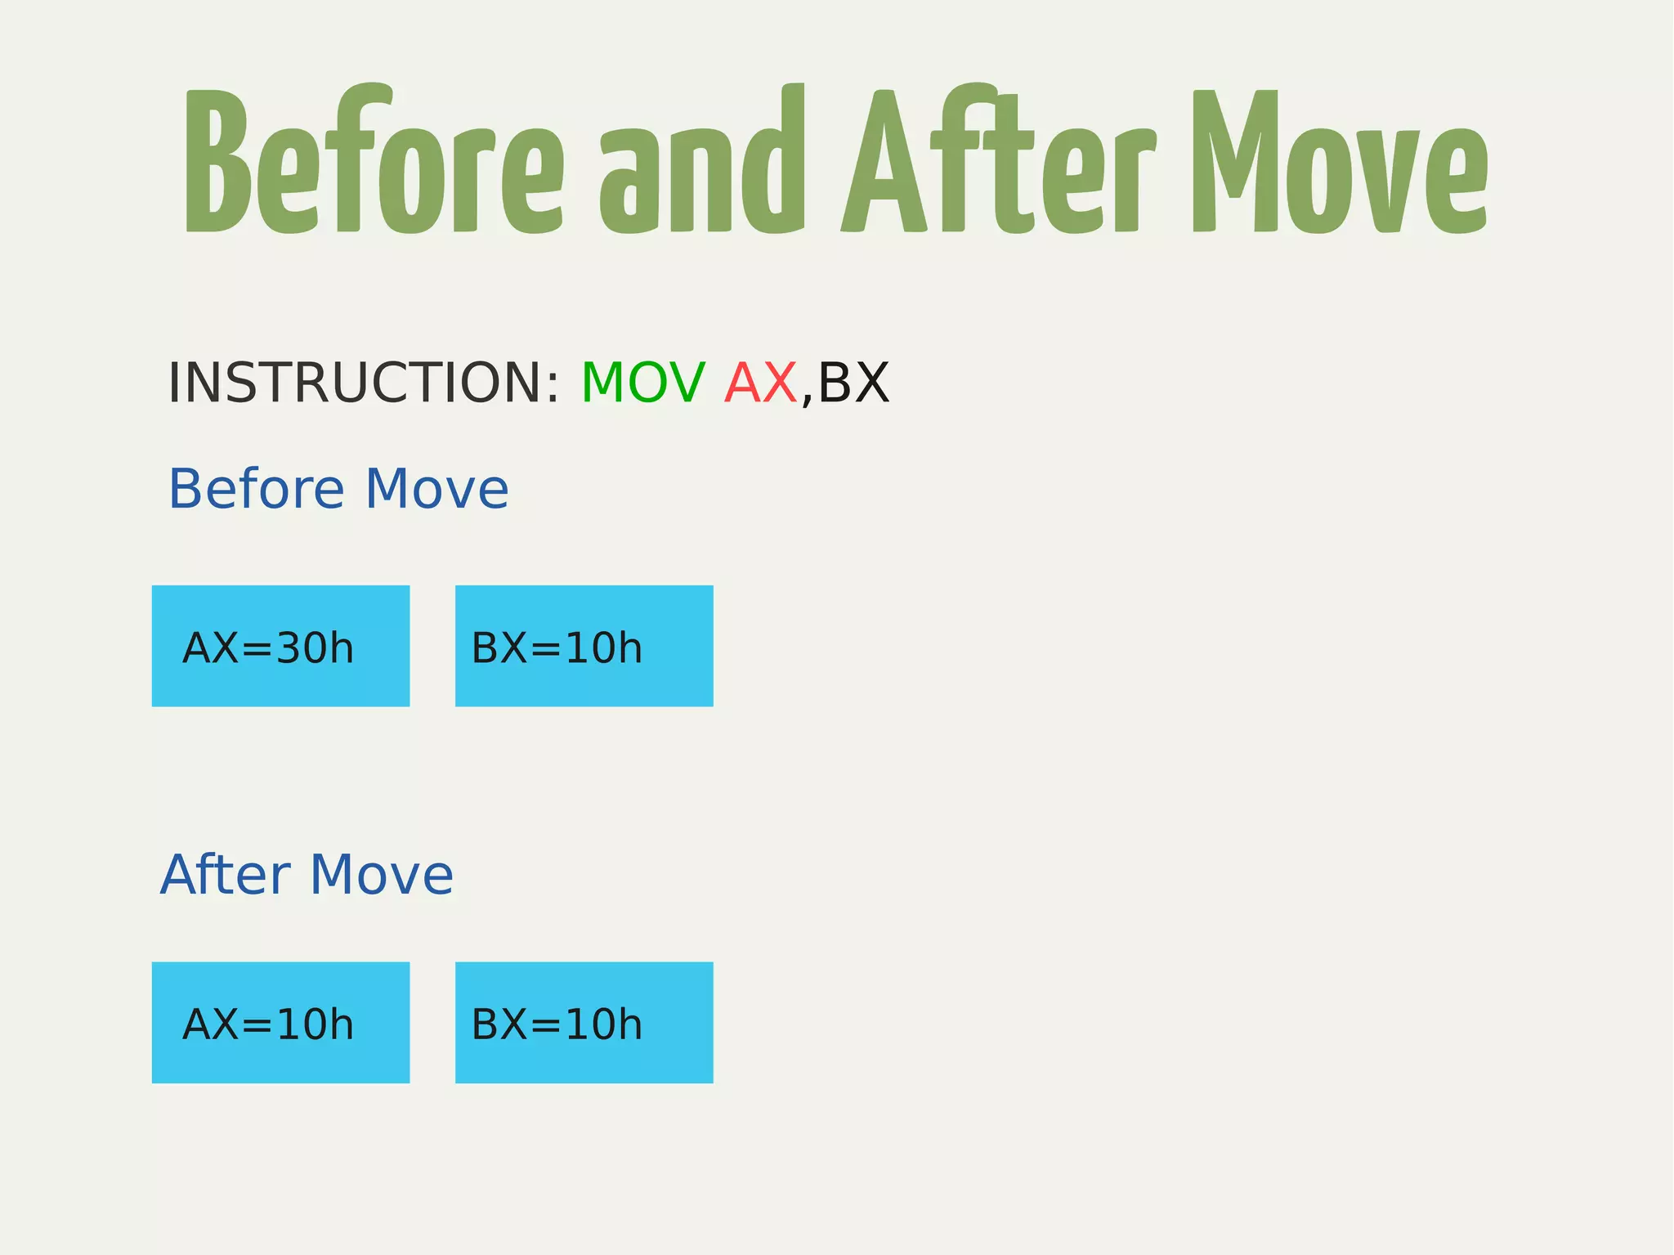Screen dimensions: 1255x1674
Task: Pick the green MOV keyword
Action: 642,383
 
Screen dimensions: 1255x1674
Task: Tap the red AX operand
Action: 761,383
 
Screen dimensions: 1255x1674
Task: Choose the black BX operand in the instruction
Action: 853,383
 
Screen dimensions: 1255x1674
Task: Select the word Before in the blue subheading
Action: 257,489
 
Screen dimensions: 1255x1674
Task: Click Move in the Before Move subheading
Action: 436,489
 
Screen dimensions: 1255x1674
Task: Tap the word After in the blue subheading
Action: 226,875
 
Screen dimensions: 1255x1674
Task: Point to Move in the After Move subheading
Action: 382,875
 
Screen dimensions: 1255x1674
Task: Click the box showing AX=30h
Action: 280,646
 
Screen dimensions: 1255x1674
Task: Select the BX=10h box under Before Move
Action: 584,646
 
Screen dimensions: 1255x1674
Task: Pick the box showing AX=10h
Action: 280,1023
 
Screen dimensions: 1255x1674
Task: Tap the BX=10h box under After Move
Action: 584,1023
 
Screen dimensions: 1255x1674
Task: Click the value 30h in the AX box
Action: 315,648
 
